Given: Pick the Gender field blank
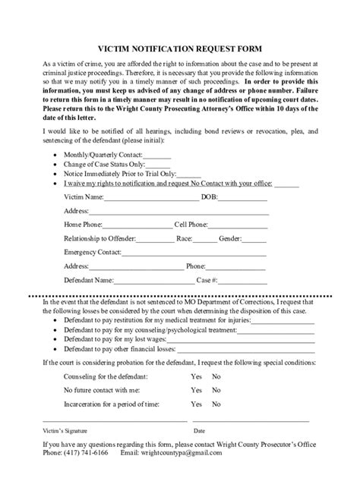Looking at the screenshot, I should pyautogui.click(x=254, y=241).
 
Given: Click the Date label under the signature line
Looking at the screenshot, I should pyautogui.click(x=199, y=430).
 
